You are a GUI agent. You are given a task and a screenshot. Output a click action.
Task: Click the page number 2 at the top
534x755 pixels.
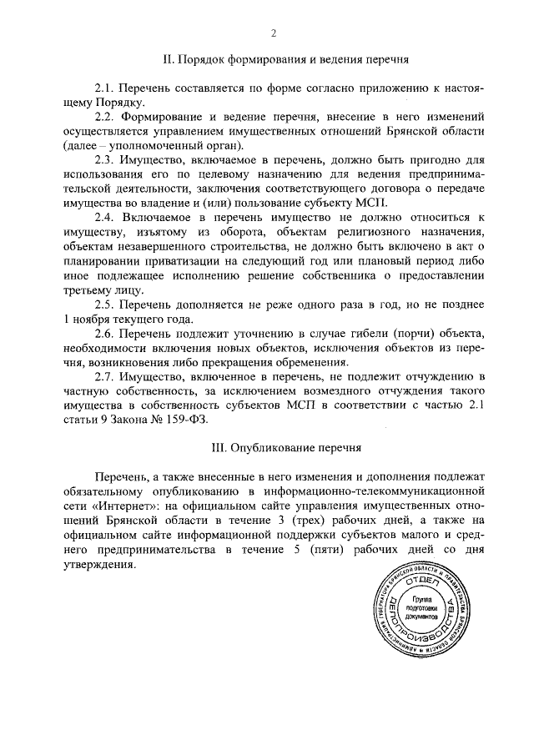273,33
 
